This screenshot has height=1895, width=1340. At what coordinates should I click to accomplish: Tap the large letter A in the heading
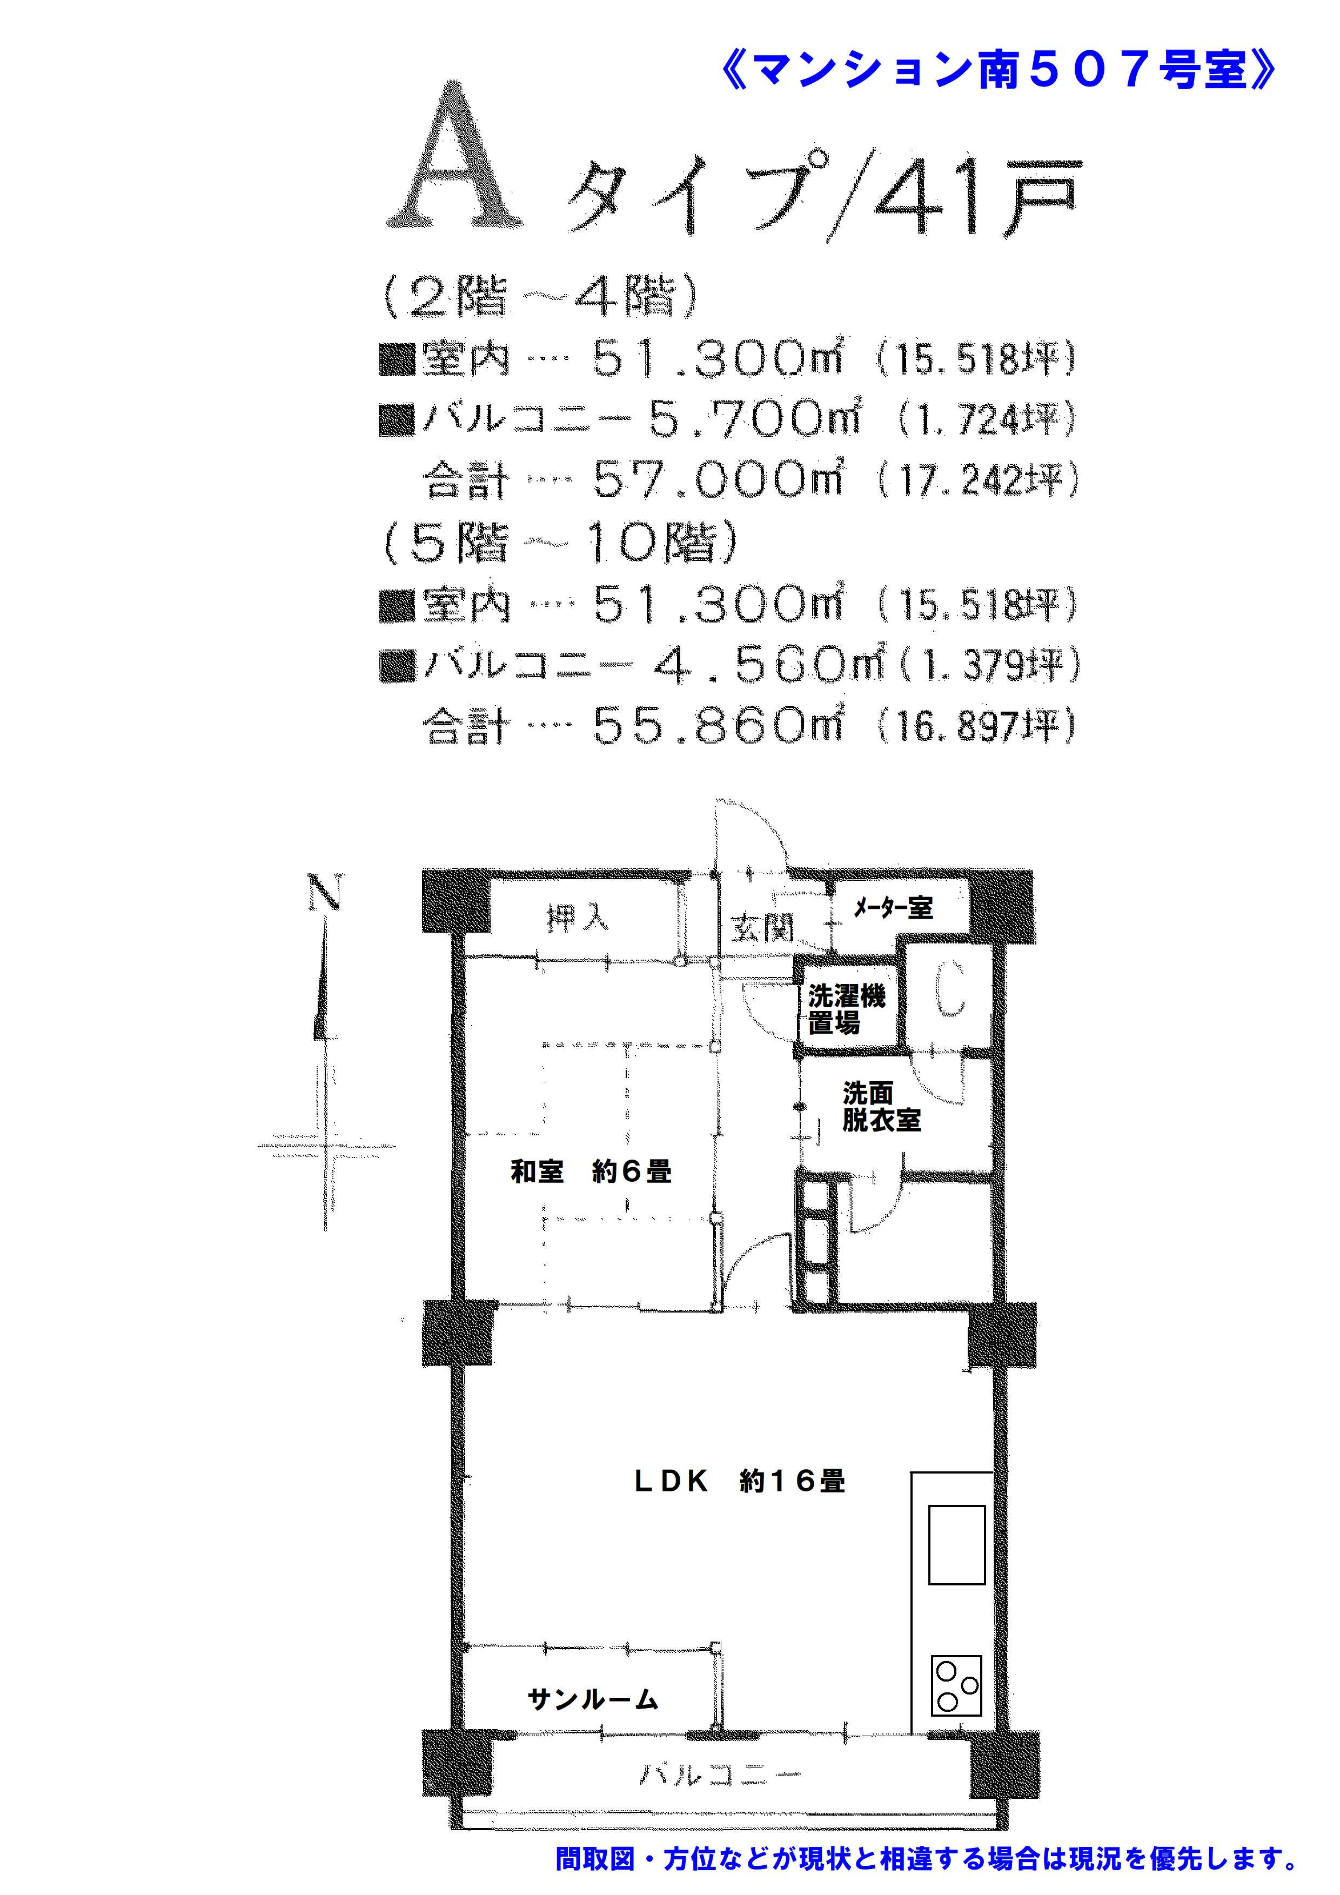click(455, 155)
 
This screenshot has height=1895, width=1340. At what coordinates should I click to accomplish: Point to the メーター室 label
click(893, 908)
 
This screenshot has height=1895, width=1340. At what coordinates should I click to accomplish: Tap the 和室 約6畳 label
click(591, 1171)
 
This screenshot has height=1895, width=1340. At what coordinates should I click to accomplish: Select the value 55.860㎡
click(718, 726)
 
